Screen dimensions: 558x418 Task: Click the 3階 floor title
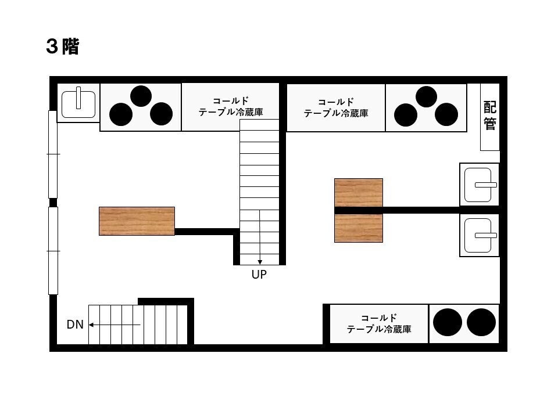62,46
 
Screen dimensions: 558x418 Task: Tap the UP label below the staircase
259,275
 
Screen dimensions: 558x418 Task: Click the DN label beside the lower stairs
75,325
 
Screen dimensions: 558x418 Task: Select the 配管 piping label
489,116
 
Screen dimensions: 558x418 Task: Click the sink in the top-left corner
78,104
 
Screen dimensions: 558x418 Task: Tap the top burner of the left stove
141,96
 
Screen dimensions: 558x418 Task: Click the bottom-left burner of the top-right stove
406,115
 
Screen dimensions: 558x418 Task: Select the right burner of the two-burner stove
481,322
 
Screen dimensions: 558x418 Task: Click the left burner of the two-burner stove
448,322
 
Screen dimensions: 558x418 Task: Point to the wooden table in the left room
137,221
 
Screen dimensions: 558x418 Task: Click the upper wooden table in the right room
359,193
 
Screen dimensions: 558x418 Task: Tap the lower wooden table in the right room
359,228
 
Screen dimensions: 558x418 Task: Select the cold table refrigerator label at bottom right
379,323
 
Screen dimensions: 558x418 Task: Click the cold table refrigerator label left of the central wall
231,107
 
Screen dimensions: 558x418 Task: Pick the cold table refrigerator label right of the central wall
336,108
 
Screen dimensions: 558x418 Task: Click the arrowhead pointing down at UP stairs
260,262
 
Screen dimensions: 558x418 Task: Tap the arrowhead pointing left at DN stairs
91,325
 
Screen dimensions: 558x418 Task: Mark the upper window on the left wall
53,154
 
